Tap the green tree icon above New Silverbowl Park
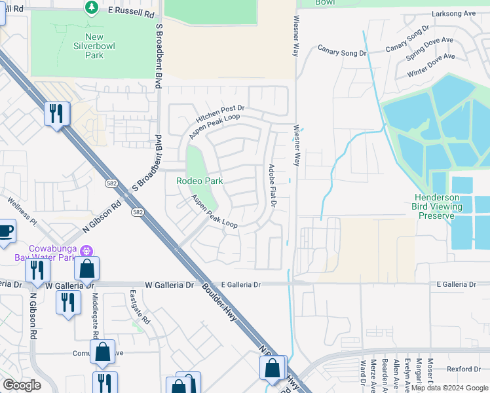pyautogui.click(x=92, y=7)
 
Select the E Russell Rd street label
pyautogui.click(x=131, y=12)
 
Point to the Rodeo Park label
pyautogui.click(x=200, y=181)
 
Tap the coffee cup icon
pyautogui.click(x=5, y=231)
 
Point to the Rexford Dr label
pyautogui.click(x=464, y=369)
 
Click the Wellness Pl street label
pyautogui.click(x=20, y=209)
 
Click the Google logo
pyautogui.click(x=22, y=385)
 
